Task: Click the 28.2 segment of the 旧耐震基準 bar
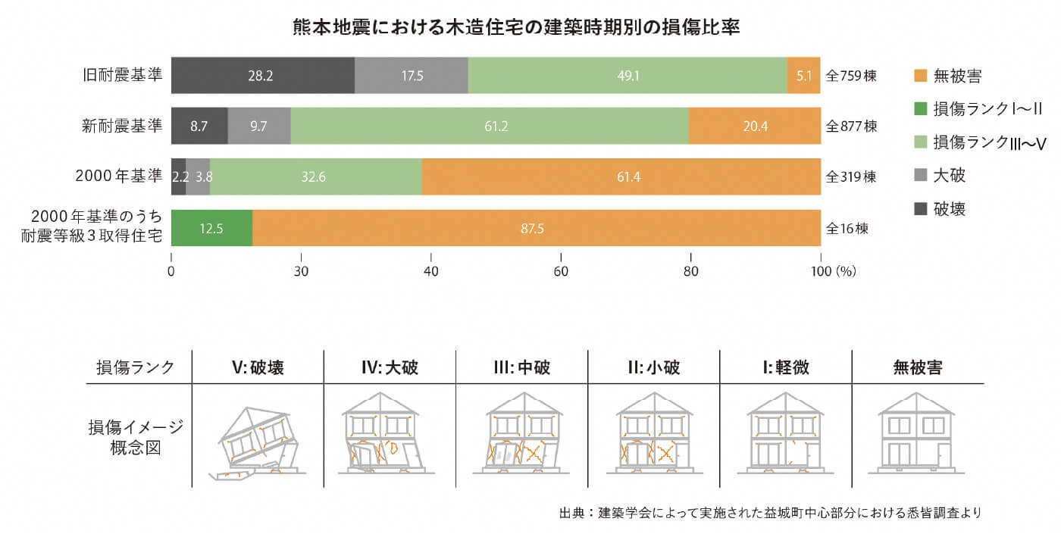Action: (x=262, y=76)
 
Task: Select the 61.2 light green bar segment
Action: (x=490, y=126)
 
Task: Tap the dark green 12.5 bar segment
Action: (x=211, y=228)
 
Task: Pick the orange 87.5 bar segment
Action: (x=536, y=228)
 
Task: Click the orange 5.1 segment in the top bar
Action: (x=804, y=76)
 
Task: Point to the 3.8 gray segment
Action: (x=198, y=177)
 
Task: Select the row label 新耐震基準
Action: (x=122, y=126)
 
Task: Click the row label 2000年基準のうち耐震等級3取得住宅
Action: (x=92, y=228)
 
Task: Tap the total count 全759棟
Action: (x=851, y=76)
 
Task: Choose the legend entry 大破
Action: (x=949, y=176)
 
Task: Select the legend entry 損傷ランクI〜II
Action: (x=978, y=109)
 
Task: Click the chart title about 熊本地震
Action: (x=516, y=27)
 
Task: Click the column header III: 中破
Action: (x=521, y=368)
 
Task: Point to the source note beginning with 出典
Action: (x=770, y=513)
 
